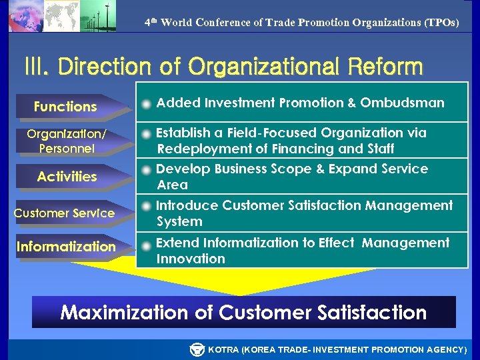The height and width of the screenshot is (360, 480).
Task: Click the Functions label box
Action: (x=65, y=107)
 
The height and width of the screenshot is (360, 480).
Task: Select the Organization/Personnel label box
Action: (x=66, y=141)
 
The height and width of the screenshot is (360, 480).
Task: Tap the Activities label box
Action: (x=67, y=177)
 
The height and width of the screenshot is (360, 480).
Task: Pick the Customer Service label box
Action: (x=64, y=213)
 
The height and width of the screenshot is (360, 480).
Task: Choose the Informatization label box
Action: (x=66, y=247)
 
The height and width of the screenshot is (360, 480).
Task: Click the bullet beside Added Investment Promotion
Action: (x=146, y=104)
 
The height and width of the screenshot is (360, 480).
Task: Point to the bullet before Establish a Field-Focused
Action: (x=146, y=134)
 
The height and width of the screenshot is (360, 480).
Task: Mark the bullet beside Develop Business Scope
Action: (x=146, y=170)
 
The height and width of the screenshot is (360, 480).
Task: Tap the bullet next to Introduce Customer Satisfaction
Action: (x=146, y=207)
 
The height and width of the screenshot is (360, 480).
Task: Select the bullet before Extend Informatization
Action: (x=146, y=244)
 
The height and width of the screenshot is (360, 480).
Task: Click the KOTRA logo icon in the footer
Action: (x=197, y=349)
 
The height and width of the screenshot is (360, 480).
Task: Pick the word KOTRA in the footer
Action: (x=223, y=349)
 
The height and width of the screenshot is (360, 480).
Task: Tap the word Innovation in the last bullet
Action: (x=191, y=259)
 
